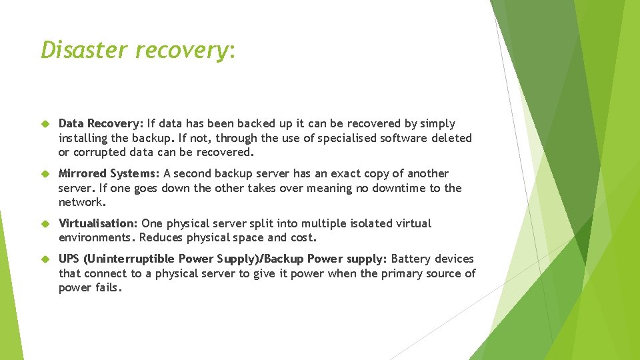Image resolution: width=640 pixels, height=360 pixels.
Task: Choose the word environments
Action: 96,238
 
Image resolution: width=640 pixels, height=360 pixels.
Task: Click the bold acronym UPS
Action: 69,259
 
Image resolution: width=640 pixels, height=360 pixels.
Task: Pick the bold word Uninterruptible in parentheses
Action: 127,259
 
